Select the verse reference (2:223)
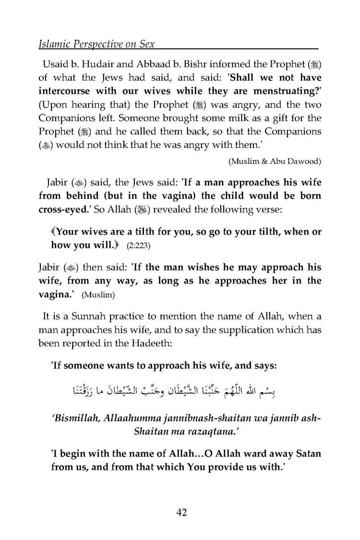pyautogui.click(x=124, y=245)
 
